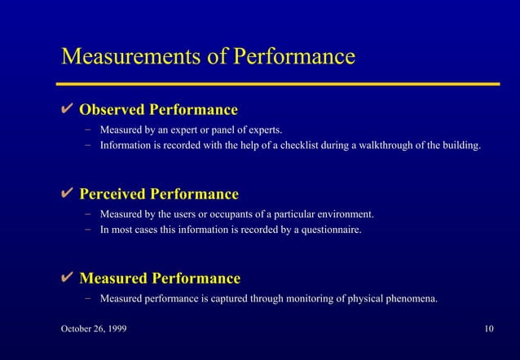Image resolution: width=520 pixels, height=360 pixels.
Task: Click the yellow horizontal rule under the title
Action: click(277, 83)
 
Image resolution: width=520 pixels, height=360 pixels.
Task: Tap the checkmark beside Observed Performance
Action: click(68, 109)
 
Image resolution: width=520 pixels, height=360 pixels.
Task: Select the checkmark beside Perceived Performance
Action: click(68, 194)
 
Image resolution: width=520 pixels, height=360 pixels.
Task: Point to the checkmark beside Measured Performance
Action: click(68, 279)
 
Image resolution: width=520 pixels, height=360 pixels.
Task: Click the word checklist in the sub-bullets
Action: click(306, 147)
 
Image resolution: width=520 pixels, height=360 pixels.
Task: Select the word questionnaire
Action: click(332, 230)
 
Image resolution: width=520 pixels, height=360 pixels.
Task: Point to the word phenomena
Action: click(412, 299)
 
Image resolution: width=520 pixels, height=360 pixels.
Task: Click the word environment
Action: click(343, 214)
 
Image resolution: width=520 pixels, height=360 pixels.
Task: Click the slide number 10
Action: click(488, 328)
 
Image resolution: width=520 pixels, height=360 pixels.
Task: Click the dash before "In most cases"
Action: click(86, 230)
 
